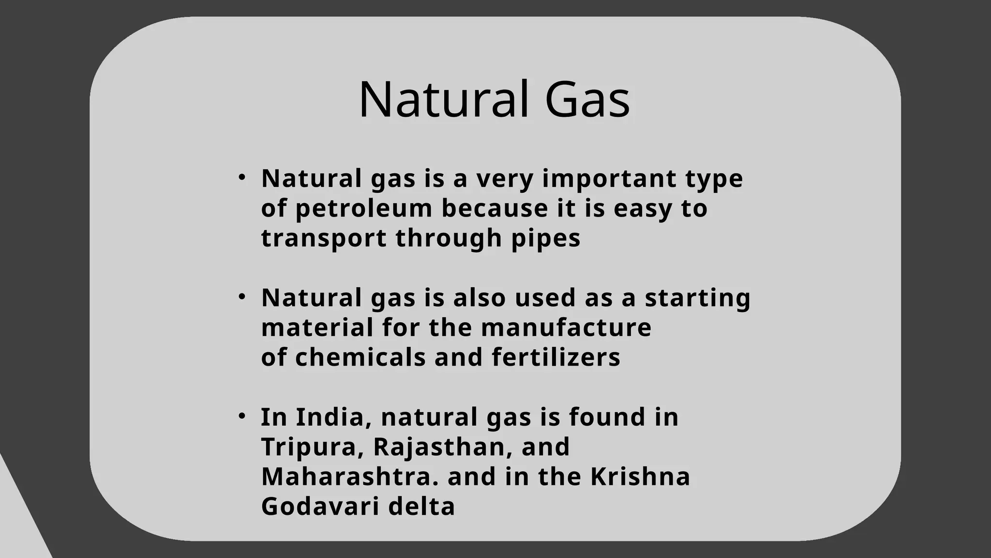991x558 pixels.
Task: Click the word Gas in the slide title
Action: [587, 100]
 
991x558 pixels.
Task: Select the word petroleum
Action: [363, 209]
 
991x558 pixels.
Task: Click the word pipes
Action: [546, 238]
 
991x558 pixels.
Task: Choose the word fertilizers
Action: [556, 357]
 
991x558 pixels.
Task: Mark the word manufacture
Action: [566, 327]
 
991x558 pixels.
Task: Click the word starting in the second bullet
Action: [697, 298]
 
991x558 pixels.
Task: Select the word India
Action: [333, 417]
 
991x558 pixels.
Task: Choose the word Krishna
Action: [640, 477]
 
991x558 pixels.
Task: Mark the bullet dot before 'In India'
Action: [242, 416]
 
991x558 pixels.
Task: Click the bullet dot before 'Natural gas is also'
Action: [242, 296]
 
